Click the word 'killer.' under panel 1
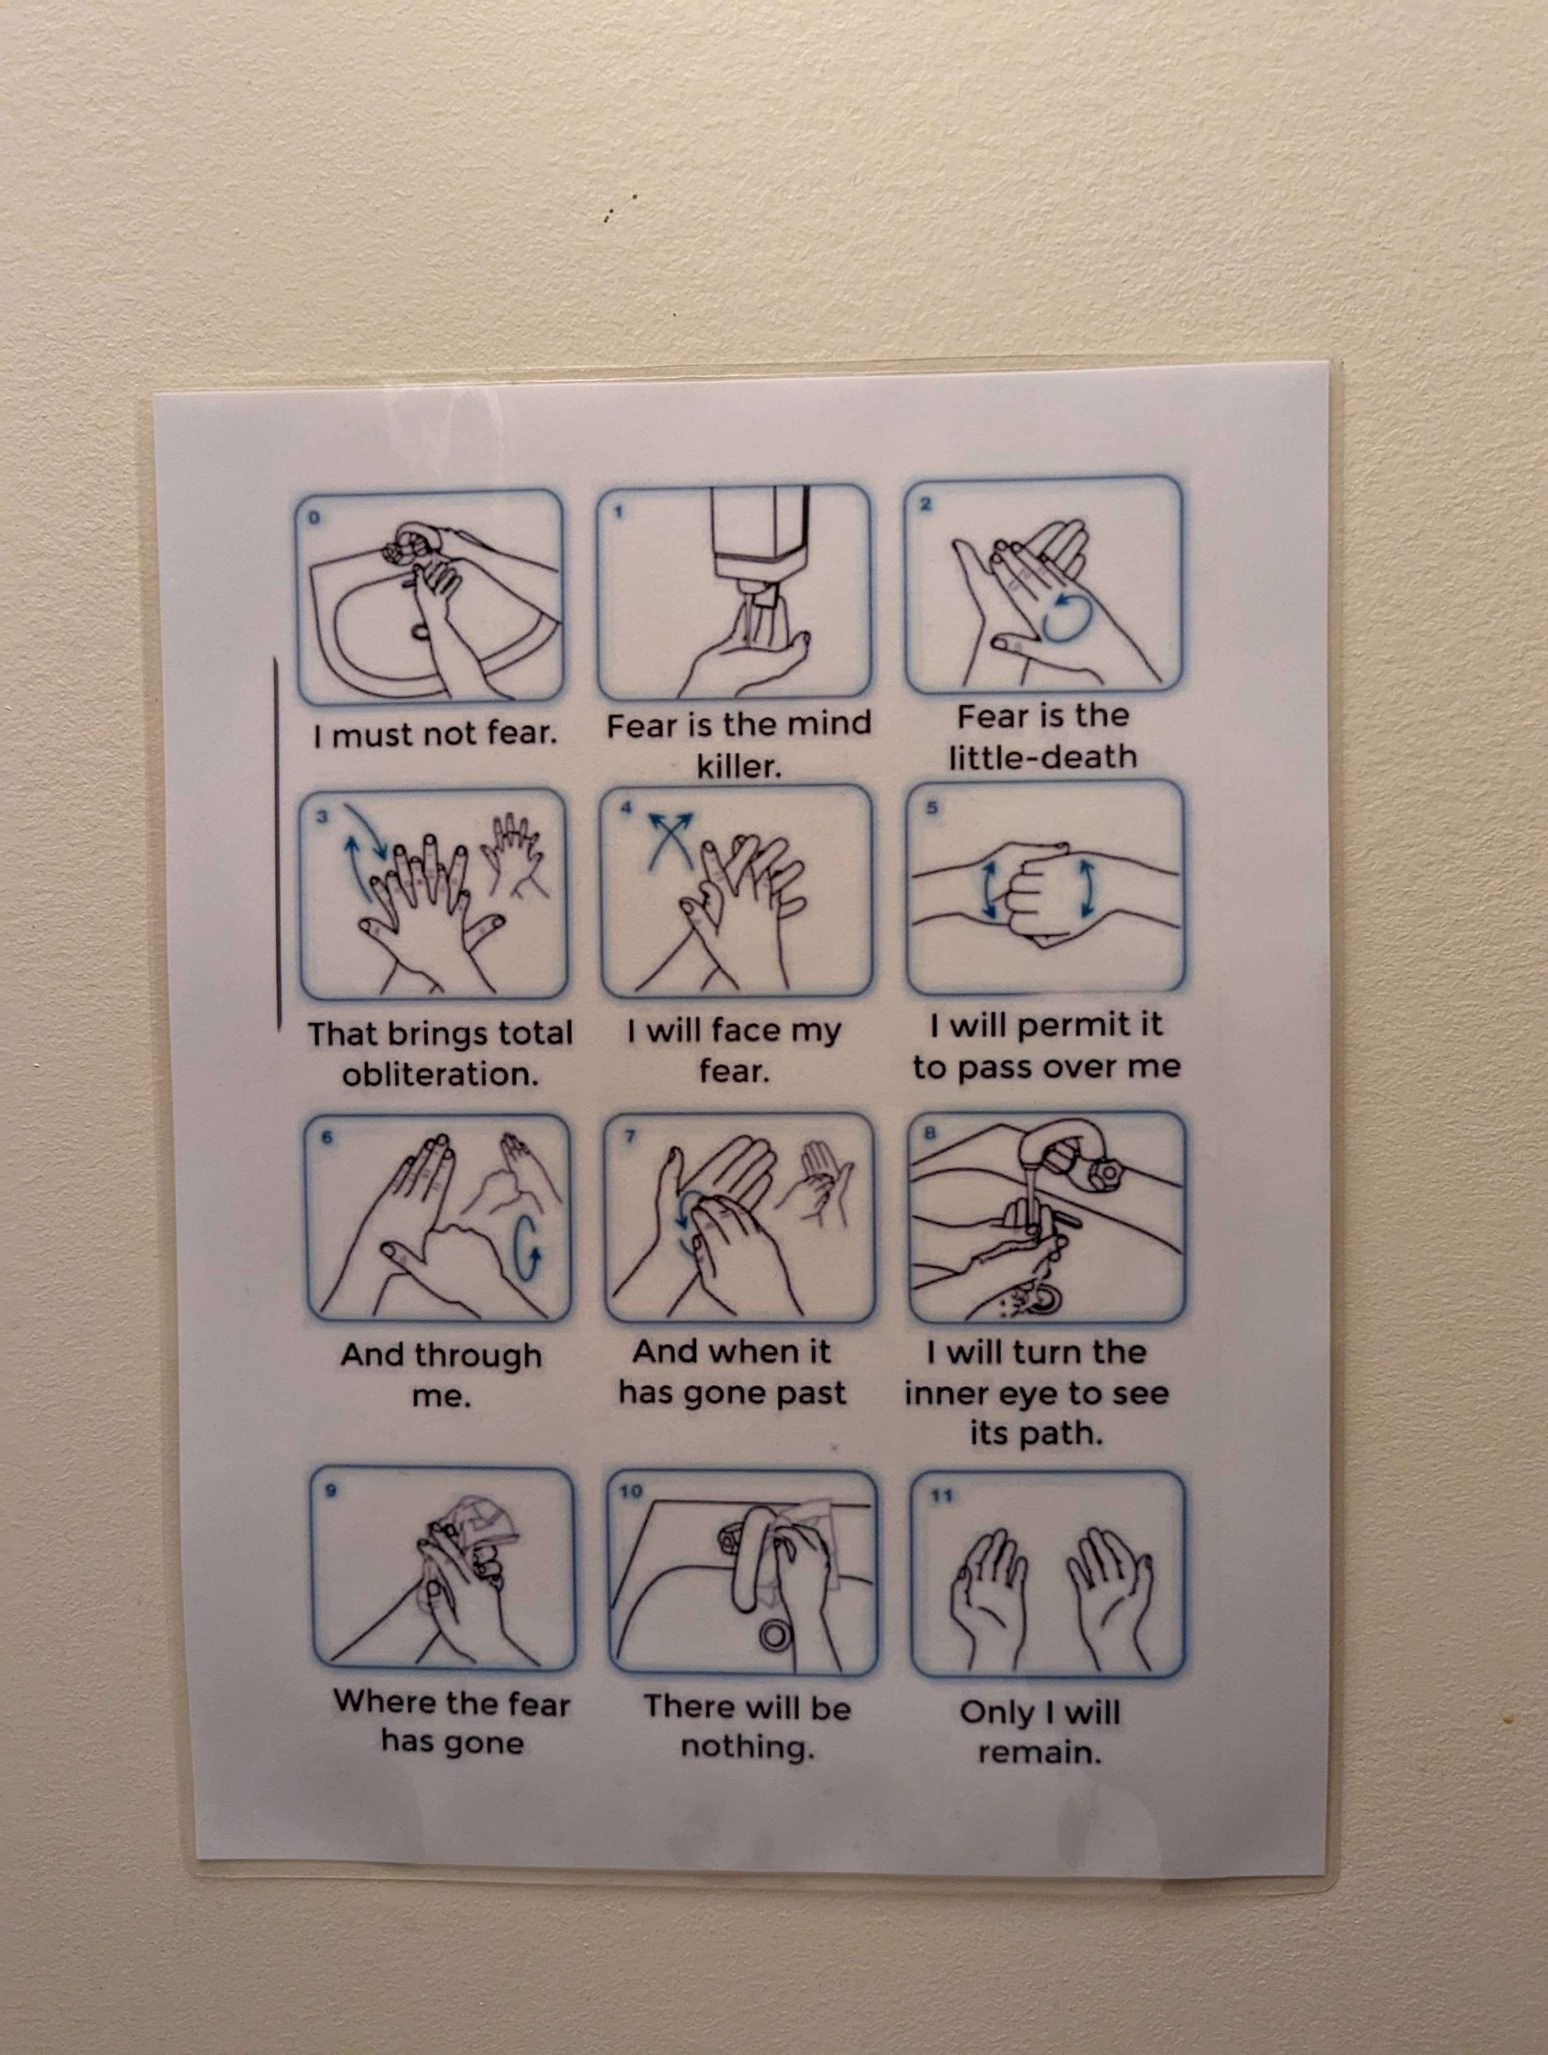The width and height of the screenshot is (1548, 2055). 740,767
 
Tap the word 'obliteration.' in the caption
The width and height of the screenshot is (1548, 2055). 440,1075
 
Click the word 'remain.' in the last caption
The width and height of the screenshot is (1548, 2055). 1039,1752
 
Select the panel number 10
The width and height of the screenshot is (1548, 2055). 631,1492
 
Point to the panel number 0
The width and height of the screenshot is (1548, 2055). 313,517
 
